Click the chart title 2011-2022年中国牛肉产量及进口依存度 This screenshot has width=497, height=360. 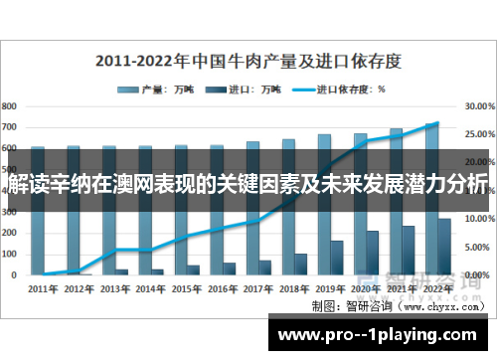tap(248, 60)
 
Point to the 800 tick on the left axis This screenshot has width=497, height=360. tap(9, 105)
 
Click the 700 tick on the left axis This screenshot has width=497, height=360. tap(9, 127)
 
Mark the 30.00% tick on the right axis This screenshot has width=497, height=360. tap(479, 105)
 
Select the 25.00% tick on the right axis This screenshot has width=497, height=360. tap(479, 133)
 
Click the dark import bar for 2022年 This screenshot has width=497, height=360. tap(443, 247)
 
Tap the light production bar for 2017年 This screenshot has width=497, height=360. tap(252, 209)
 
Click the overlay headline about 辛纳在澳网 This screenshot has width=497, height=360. tap(248, 185)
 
